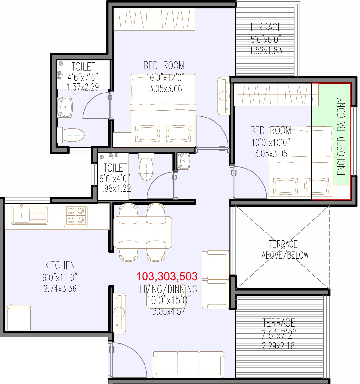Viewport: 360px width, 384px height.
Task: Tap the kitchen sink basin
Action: click(x=21, y=215)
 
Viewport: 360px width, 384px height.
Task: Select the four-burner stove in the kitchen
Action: click(x=76, y=216)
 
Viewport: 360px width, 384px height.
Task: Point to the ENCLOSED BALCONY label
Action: click(x=341, y=137)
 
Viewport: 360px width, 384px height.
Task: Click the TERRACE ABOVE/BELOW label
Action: click(x=285, y=250)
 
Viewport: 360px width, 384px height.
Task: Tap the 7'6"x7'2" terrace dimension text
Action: click(x=279, y=335)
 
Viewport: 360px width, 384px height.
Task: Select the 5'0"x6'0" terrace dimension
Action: click(x=266, y=39)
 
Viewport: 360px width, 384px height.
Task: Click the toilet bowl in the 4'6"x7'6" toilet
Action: click(x=72, y=135)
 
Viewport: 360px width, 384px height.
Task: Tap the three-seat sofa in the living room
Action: click(x=188, y=364)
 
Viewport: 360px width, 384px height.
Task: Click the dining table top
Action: click(x=143, y=233)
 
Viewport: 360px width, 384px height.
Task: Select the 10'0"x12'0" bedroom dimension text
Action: click(x=165, y=78)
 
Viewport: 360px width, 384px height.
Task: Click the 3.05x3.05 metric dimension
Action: click(x=271, y=154)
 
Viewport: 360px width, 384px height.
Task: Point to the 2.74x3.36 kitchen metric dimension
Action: click(x=60, y=289)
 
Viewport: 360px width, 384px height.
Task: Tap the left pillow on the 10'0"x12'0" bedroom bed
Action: click(x=147, y=134)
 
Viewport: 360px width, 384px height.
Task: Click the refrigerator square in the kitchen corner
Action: click(x=19, y=317)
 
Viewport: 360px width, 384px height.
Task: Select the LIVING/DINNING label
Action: click(x=168, y=289)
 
